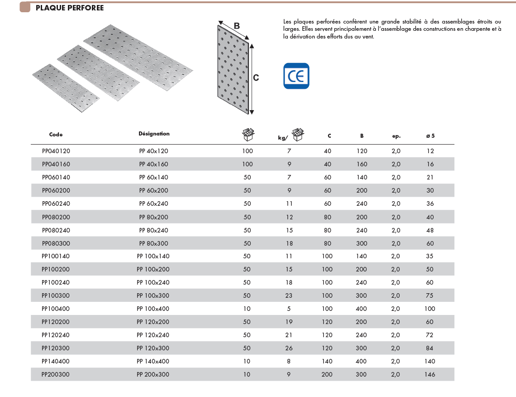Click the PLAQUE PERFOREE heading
click(x=69, y=8)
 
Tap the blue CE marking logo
click(x=296, y=76)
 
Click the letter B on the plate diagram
click(x=236, y=26)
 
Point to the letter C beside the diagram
click(x=256, y=78)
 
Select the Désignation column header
click(x=154, y=134)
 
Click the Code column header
click(x=56, y=135)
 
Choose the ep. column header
click(x=396, y=136)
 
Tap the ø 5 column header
click(x=430, y=136)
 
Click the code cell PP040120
click(x=56, y=151)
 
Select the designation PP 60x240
click(x=153, y=203)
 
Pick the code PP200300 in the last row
click(x=56, y=374)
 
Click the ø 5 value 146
click(x=430, y=374)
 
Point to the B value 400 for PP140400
click(x=362, y=361)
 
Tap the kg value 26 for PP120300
click(x=289, y=348)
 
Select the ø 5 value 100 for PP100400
click(x=430, y=309)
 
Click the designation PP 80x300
click(x=153, y=243)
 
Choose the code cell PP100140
click(x=56, y=256)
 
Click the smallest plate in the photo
click(x=66, y=87)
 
